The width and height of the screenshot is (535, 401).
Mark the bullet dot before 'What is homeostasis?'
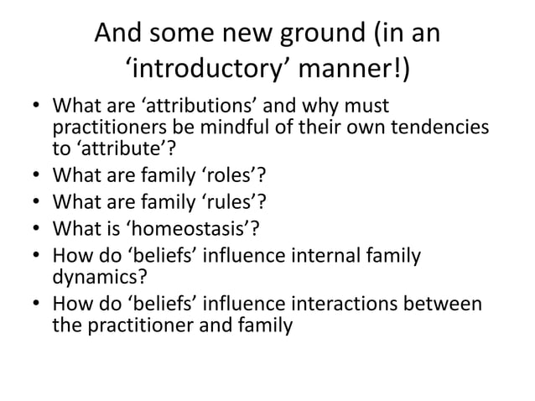(x=36, y=227)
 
